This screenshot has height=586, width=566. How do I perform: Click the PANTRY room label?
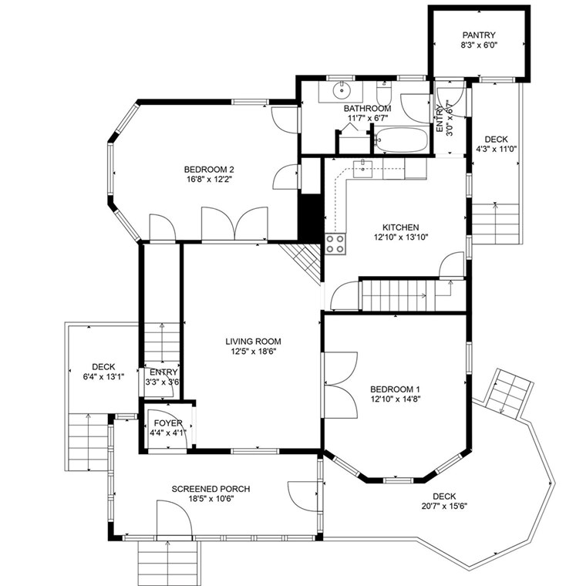tap(479, 35)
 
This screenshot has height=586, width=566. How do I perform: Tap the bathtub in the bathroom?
tap(400, 140)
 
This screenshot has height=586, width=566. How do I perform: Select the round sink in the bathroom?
tap(342, 90)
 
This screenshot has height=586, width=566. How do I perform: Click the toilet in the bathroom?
tap(383, 93)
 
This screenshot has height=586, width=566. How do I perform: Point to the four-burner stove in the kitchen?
tap(335, 244)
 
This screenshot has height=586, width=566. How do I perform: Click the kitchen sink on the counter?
tap(362, 168)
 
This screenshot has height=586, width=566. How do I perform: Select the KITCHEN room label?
tap(400, 227)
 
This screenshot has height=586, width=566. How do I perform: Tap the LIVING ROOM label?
tap(253, 342)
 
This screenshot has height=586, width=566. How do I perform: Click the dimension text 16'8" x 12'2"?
tap(209, 180)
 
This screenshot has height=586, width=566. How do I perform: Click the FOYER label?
tap(168, 423)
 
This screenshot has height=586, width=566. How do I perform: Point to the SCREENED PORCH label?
tap(211, 489)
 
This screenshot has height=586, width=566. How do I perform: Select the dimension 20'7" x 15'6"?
tap(444, 507)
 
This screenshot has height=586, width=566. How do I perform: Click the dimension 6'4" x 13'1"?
tap(103, 377)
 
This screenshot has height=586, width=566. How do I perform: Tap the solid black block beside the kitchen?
tap(310, 218)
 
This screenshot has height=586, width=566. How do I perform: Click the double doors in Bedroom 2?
tap(234, 223)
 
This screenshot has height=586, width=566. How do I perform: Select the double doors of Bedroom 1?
tap(341, 385)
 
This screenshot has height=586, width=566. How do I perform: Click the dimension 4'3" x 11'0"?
tap(497, 149)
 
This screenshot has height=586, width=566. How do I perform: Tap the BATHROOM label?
tap(367, 109)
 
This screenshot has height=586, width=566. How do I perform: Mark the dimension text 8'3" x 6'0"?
tap(479, 45)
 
